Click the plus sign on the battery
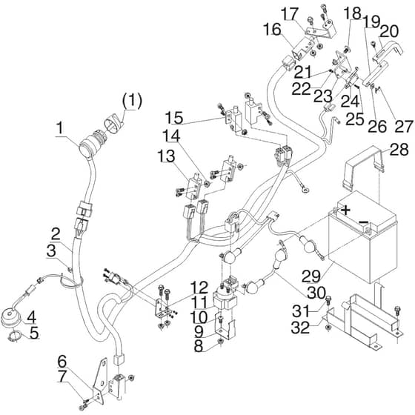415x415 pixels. [x=345, y=210]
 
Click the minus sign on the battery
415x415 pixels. [x=363, y=222]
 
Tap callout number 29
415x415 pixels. [x=312, y=276]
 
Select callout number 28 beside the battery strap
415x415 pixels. [x=399, y=150]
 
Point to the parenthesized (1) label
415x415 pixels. [x=132, y=101]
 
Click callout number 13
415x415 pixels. [x=166, y=156]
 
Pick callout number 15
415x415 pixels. [x=174, y=118]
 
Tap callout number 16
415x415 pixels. [x=272, y=30]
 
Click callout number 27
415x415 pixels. [x=403, y=127]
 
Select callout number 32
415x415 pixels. [x=300, y=328]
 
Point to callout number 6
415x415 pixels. [x=62, y=362]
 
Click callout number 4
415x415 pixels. [x=31, y=317]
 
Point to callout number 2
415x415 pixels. [x=56, y=234]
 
